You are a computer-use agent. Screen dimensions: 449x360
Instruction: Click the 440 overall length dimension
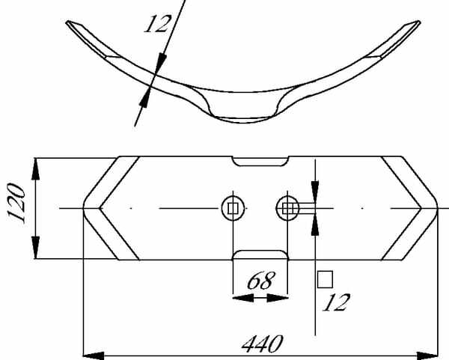pos(263,344)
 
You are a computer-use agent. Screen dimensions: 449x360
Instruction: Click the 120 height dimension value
pos(16,203)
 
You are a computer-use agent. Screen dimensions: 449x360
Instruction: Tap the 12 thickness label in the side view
pos(157,24)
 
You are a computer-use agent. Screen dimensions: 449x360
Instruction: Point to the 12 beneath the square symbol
pos(336,302)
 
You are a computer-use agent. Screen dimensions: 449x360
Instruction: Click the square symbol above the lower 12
pos(325,279)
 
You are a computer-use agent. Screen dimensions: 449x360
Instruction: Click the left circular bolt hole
pos(233,209)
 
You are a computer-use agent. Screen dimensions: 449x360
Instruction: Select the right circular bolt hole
pos(287,209)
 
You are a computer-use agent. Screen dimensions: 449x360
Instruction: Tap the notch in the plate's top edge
pos(260,161)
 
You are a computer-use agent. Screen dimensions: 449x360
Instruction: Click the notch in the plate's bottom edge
pos(260,255)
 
